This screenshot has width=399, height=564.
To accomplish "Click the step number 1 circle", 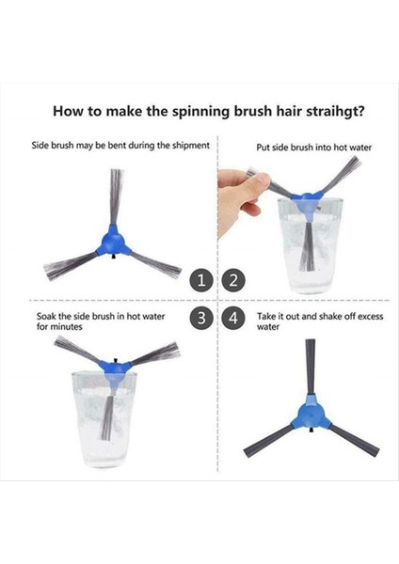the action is point(201,280).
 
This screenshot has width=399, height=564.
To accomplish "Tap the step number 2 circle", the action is point(233,280).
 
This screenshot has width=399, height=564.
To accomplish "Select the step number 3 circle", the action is point(201,318).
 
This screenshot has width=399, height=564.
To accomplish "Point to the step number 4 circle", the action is point(233,318).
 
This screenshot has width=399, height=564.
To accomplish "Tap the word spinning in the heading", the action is point(200,112).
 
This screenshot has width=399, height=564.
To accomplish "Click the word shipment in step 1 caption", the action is point(190,146).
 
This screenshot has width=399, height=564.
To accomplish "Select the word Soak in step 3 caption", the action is point(46,317).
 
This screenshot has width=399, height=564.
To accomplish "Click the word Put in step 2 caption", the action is point(263,148).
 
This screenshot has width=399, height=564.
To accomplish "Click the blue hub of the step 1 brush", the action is point(113,242).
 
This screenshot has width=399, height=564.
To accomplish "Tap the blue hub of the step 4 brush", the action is point(311,414).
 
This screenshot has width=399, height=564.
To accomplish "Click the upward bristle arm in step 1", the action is point(116,197).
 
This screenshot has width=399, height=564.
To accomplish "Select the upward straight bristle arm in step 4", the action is point(311,367).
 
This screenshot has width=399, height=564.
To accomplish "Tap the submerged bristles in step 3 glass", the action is point(107,418).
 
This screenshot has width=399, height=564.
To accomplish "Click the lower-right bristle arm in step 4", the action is point(355,440).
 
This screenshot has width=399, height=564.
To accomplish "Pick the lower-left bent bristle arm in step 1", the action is point(71,266).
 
